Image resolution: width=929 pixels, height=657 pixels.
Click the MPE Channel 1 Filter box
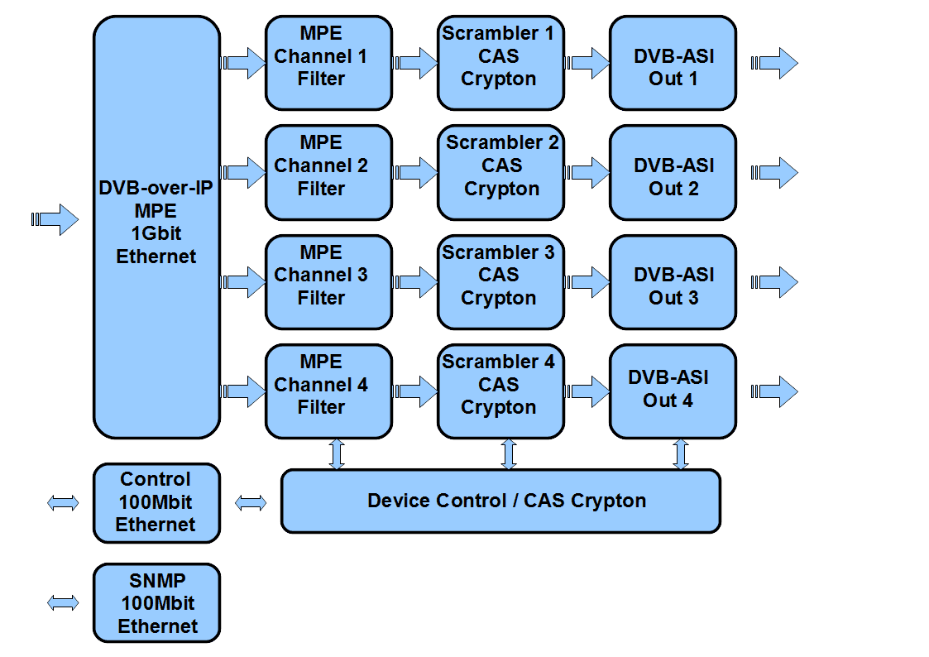coord(328,63)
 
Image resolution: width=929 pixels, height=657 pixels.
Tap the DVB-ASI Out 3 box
coord(673,282)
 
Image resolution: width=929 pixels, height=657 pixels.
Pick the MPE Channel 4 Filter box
coord(328,391)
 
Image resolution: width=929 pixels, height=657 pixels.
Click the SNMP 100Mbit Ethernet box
coord(156,602)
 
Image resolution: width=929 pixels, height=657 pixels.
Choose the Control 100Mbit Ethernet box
coord(156,502)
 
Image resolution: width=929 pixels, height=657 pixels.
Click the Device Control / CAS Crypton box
coord(500,501)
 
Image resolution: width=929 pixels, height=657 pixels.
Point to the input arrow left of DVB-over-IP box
coord(55,219)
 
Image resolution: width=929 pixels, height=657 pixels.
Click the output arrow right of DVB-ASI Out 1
coord(774,63)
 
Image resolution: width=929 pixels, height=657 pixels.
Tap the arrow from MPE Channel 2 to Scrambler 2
coord(416,172)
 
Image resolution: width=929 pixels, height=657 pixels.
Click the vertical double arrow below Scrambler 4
coord(508,454)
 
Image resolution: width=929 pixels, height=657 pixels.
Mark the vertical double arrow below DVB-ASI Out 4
coord(680,454)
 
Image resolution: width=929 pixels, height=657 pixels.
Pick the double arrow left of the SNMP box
coord(64,603)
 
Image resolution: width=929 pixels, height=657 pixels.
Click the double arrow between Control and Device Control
coord(251,502)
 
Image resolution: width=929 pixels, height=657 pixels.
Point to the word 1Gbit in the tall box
coord(156,233)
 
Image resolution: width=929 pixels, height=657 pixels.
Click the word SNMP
coord(156,581)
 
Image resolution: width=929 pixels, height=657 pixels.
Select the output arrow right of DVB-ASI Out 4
coord(774,391)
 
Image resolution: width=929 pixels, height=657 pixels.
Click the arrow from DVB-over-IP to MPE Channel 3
coord(243,282)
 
